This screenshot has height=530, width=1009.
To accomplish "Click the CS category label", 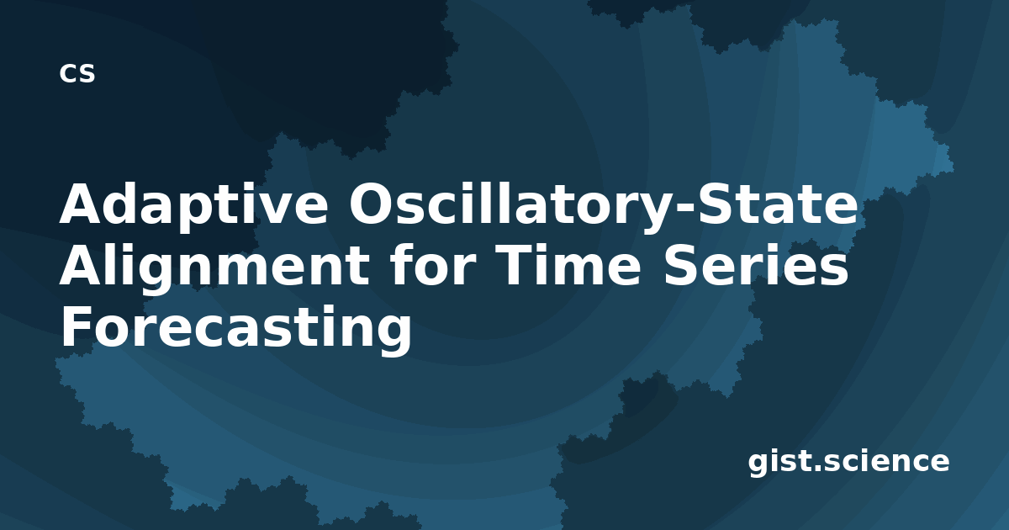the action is [x=77, y=73].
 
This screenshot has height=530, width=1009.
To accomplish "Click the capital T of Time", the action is [x=516, y=265].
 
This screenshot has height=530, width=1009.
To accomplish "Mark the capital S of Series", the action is [x=680, y=265].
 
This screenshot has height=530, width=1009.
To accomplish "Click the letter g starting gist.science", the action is [x=758, y=465].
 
